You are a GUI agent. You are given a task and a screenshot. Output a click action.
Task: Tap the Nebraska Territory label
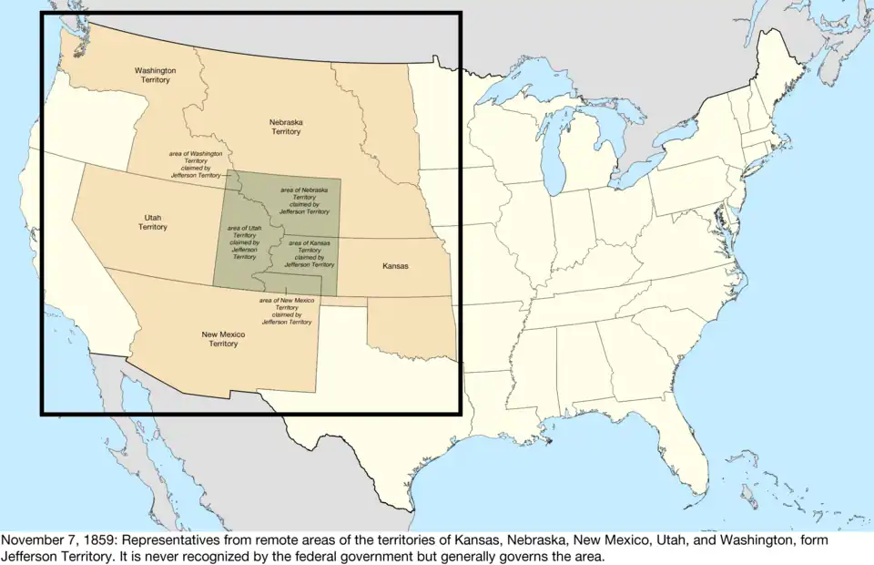(285, 127)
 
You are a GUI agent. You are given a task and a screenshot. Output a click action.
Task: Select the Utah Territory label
(153, 221)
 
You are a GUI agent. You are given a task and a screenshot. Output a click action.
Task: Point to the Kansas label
(394, 266)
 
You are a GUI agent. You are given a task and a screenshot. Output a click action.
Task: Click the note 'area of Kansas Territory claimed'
(310, 253)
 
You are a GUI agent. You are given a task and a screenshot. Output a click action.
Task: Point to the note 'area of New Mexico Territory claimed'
(287, 311)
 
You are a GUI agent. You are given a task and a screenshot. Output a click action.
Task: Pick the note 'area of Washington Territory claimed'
(196, 164)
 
